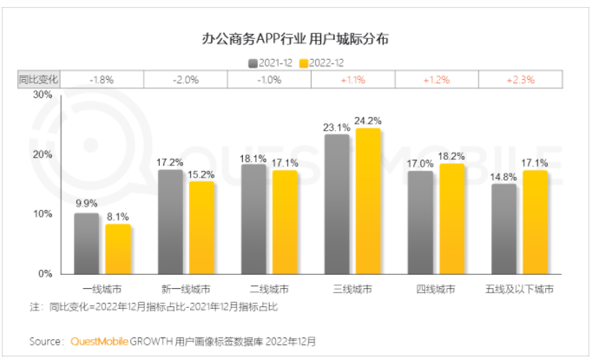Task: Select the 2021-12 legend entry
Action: (271, 63)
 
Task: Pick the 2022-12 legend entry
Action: (320, 63)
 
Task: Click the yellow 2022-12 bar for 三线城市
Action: (368, 200)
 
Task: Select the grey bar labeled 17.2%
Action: (170, 221)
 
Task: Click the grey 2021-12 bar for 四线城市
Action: (419, 222)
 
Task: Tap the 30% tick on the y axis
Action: (42, 95)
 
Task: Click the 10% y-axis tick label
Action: (42, 213)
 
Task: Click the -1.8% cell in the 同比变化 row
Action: (102, 80)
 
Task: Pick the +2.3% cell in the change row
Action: (521, 80)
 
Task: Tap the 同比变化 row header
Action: (38, 80)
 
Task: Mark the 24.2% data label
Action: (368, 121)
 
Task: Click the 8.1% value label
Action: (117, 216)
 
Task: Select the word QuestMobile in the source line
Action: (100, 341)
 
